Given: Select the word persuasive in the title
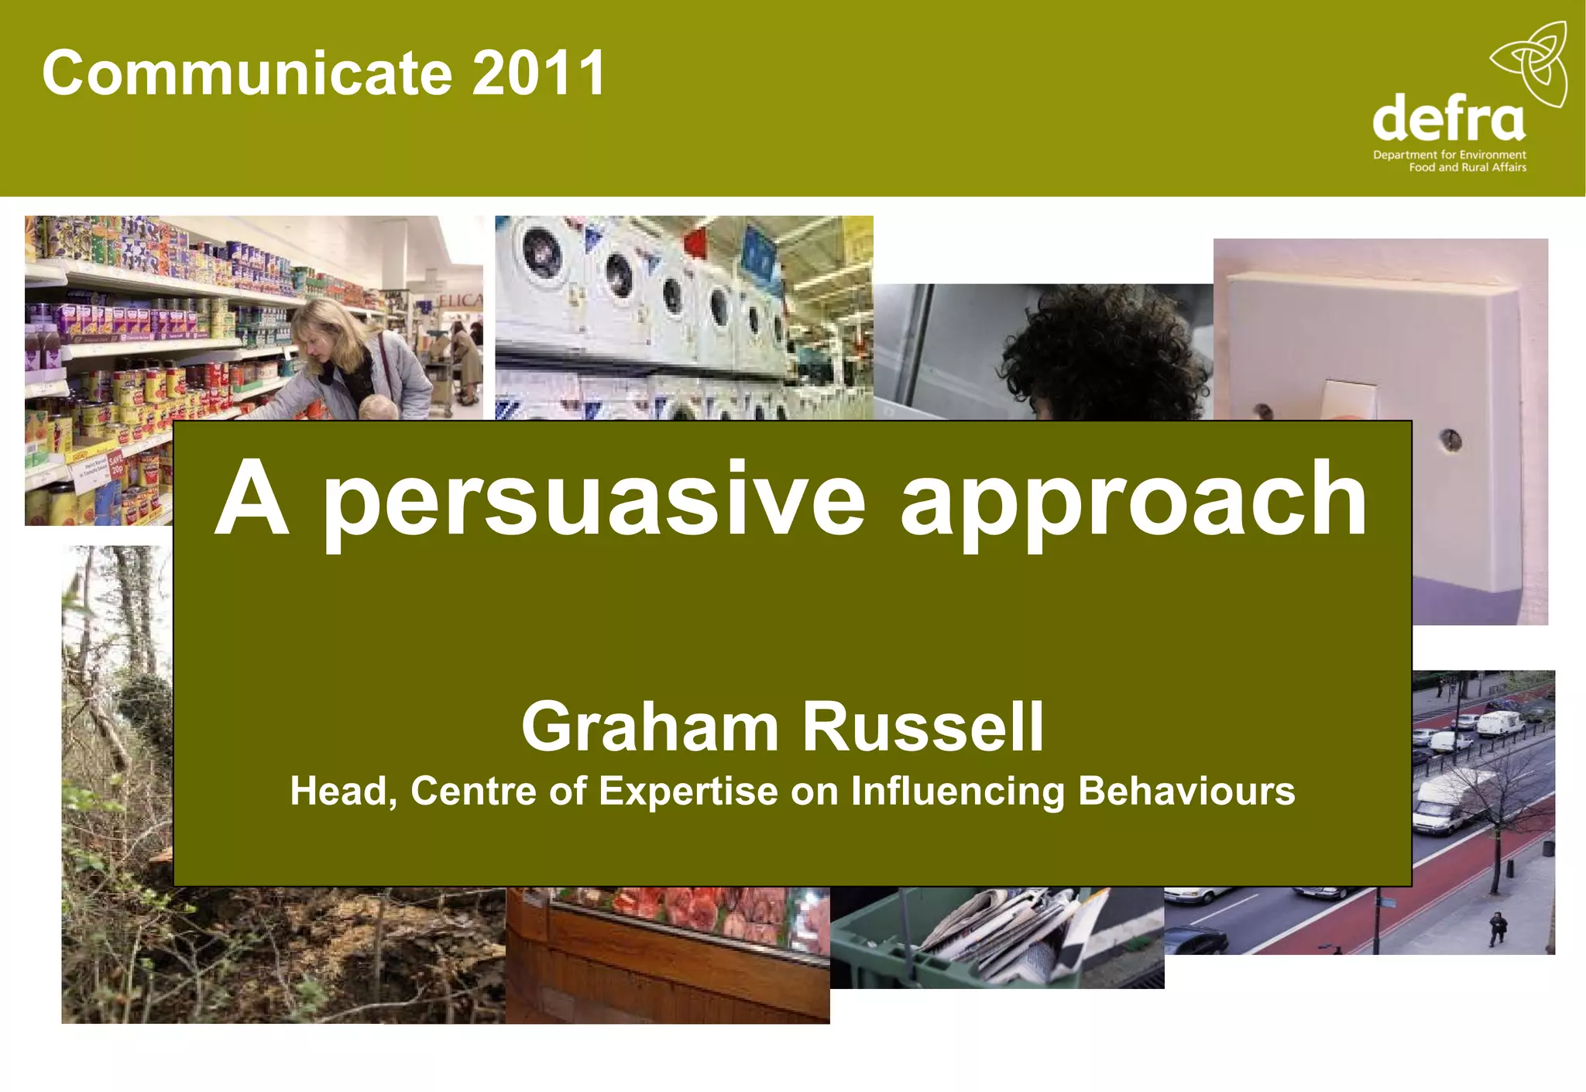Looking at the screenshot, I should (593, 500).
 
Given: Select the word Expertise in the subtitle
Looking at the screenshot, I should (688, 792).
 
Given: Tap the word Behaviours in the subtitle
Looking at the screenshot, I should (1186, 792).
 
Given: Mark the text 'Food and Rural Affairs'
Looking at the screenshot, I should (1468, 167).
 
